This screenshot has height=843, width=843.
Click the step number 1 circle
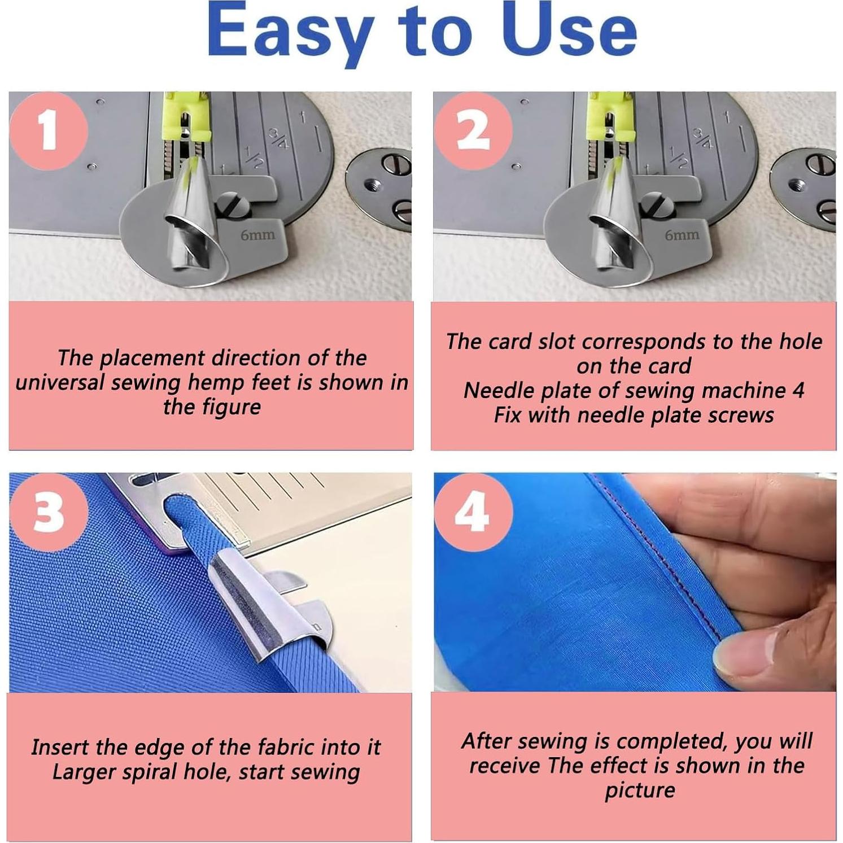tap(49, 131)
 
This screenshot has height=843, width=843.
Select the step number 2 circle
tap(473, 131)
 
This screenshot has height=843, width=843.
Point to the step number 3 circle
tap(49, 512)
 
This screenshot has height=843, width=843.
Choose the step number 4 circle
tap(473, 512)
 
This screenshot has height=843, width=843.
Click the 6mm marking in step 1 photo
tap(257, 234)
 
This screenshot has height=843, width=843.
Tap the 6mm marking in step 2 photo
tap(682, 234)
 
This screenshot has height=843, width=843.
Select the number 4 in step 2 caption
tap(798, 390)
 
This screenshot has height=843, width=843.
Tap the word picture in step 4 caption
tap(640, 790)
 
